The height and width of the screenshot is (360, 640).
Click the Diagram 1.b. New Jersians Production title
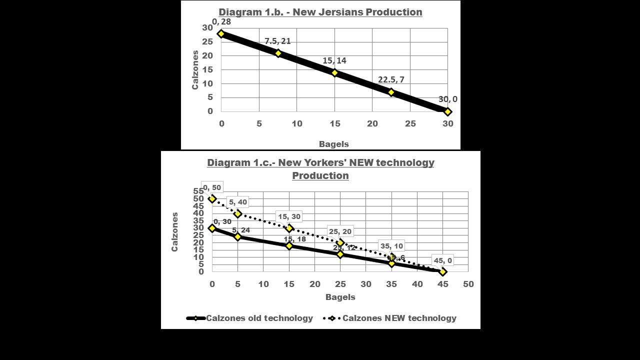320,12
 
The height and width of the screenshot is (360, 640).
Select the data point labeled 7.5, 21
278,53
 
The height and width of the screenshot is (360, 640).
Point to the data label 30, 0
447,99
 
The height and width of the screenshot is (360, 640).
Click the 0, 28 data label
221,22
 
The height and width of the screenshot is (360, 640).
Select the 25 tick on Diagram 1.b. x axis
410,123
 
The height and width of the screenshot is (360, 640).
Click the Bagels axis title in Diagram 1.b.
333,144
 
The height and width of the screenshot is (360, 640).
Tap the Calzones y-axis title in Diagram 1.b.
195,70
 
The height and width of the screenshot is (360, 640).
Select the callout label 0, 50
212,187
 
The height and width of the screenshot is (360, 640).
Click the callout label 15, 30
289,216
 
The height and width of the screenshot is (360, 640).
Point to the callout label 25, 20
340,231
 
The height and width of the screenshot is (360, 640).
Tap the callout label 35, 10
391,246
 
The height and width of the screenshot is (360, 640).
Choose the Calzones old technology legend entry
250,318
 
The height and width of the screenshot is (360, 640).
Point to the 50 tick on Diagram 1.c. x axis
468,284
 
